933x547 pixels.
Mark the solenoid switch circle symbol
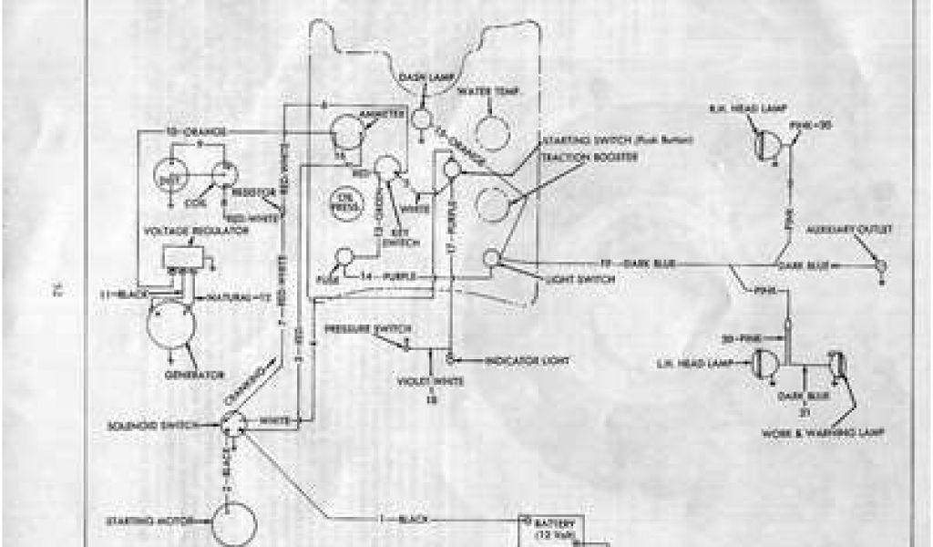[x=235, y=424]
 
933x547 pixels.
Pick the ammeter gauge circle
[x=345, y=132]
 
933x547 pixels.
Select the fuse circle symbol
[x=344, y=258]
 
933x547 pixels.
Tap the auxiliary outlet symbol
[x=881, y=266]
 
